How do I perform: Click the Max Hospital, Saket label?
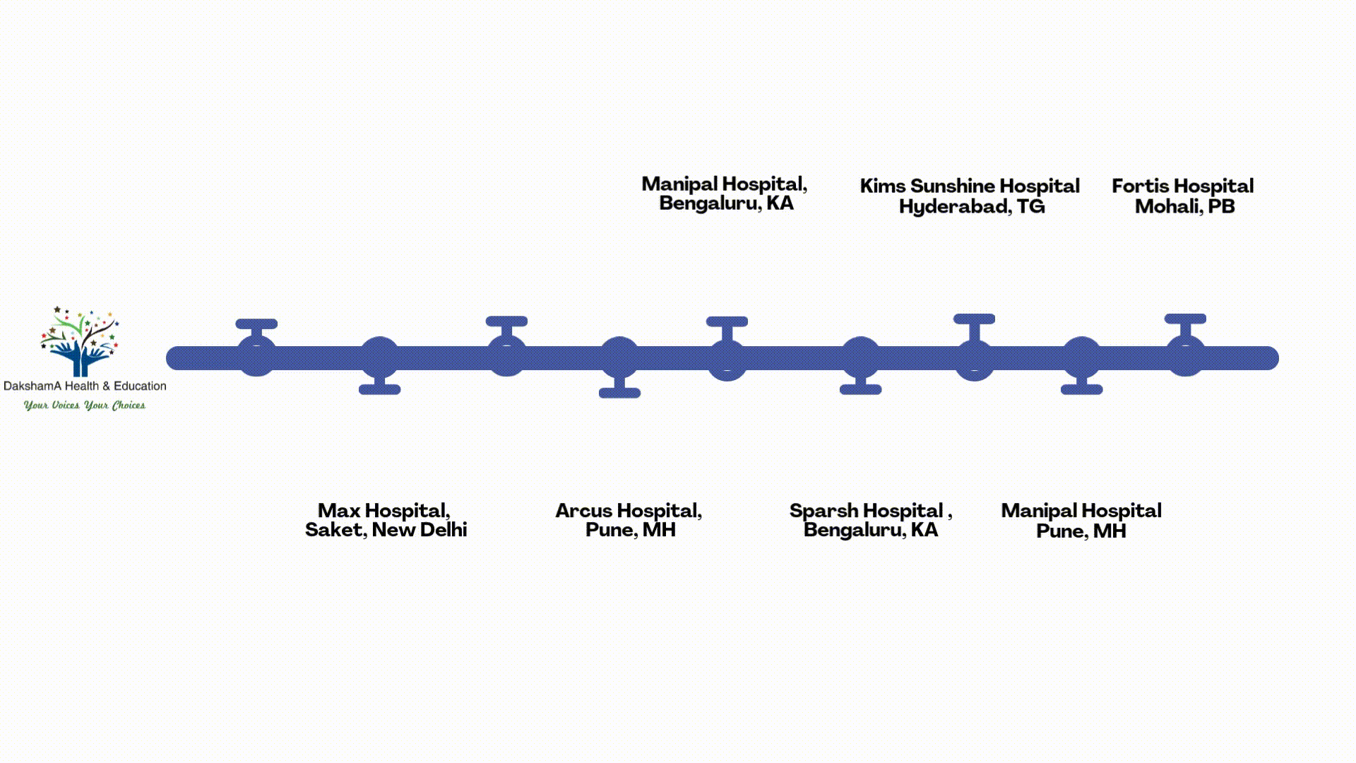(x=386, y=520)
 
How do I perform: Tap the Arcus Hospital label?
(x=629, y=520)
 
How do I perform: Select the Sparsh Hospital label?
(x=870, y=520)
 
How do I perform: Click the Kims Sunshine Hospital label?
(x=970, y=196)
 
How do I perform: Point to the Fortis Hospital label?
(x=1183, y=196)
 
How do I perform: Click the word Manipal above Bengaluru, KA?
(x=679, y=184)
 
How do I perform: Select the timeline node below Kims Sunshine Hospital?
(x=974, y=359)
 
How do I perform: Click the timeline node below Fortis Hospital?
(x=1185, y=356)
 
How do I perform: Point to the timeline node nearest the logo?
(x=256, y=356)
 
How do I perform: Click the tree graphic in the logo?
(x=80, y=341)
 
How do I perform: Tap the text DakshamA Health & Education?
(x=85, y=386)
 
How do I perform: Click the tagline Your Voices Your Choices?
(x=85, y=406)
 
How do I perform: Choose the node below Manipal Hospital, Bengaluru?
(x=727, y=359)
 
